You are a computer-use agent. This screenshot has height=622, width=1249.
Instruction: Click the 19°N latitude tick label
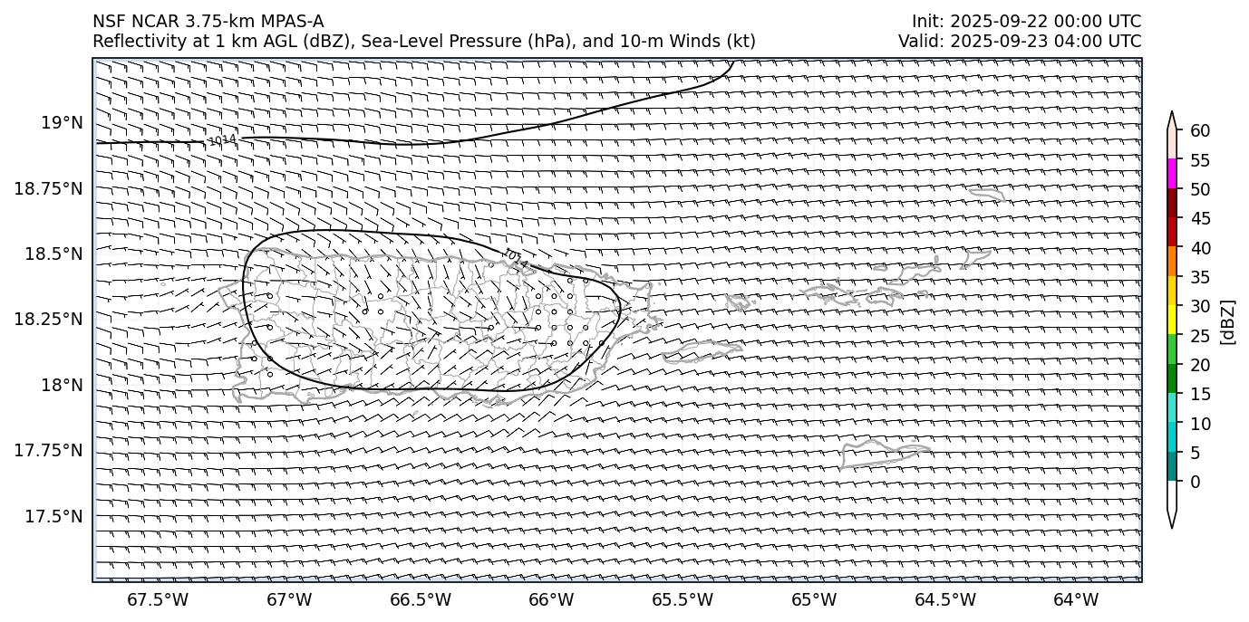63,122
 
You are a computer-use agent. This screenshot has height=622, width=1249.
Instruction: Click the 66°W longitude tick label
551,599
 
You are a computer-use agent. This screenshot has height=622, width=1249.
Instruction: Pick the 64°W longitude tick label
1076,599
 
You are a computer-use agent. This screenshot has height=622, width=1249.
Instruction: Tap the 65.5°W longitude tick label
683,599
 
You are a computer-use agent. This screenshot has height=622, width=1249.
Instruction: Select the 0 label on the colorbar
1195,482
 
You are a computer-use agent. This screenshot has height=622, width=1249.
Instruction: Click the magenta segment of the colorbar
1172,173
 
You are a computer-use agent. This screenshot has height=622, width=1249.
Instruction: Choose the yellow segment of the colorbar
1172,320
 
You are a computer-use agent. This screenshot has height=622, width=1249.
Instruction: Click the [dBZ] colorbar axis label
1228,321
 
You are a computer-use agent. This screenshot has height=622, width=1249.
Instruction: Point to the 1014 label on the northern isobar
222,140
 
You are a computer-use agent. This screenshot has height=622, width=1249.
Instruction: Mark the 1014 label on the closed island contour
515,258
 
